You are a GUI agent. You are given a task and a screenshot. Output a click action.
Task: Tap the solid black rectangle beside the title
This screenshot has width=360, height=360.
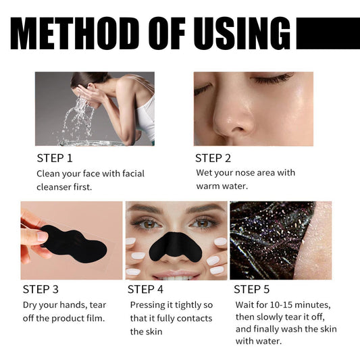(328, 33)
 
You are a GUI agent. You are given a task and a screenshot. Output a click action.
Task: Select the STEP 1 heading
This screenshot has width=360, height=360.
(54, 158)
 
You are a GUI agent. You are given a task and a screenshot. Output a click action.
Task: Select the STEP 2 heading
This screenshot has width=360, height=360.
(213, 158)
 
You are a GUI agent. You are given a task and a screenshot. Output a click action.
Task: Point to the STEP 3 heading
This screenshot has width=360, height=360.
(45, 289)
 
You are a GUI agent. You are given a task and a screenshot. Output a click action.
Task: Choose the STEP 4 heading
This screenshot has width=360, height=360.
(147, 289)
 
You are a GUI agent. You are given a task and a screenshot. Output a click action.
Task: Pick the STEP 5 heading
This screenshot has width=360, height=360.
(252, 289)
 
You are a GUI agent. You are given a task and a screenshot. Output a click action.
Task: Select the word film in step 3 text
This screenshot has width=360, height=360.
(94, 318)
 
